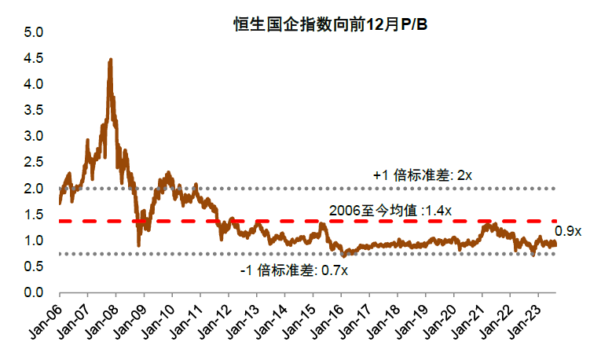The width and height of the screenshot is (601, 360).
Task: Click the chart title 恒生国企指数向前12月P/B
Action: pyautogui.click(x=330, y=25)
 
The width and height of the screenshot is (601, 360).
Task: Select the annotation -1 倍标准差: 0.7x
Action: pyautogui.click(x=295, y=270)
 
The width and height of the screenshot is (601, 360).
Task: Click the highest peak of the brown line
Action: pyautogui.click(x=110, y=60)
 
